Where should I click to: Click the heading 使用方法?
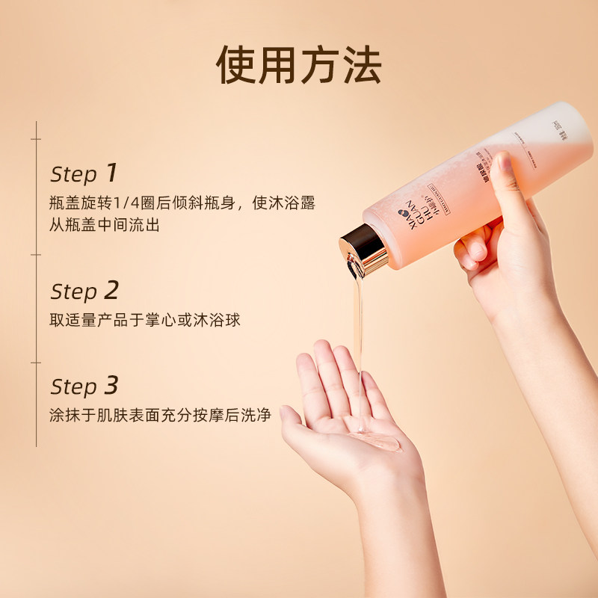click(299, 67)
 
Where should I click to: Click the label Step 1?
click(84, 173)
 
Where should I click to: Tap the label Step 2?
click(84, 291)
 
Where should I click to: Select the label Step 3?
click(84, 386)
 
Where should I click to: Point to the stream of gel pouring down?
click(358, 321)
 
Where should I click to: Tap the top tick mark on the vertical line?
click(36, 139)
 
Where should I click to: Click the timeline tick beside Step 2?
click(36, 255)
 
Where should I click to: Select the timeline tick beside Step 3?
click(36, 363)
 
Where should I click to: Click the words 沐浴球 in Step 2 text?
click(223, 320)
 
